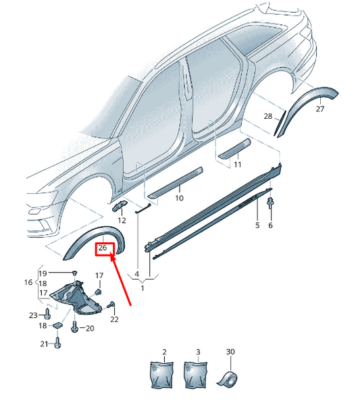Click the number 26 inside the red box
point(103,248)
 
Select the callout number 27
point(320,109)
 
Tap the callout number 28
point(268,116)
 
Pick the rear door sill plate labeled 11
point(234,151)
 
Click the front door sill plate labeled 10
point(176,183)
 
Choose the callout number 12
point(122,220)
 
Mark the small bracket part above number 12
point(119,205)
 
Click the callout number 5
point(257,225)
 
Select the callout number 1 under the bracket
point(143,288)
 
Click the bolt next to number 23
point(47,314)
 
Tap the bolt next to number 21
point(57,343)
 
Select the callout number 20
point(90,328)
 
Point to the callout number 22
point(114,319)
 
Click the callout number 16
point(28,282)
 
